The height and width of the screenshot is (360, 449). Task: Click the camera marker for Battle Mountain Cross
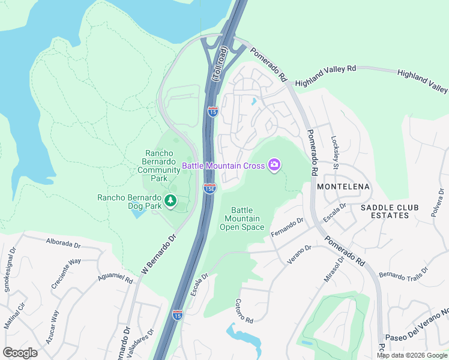click(x=274, y=164)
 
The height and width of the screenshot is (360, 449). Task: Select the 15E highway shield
click(x=209, y=188)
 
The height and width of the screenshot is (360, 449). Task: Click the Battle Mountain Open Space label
click(x=242, y=218)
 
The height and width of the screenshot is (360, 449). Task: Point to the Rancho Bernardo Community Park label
click(x=159, y=166)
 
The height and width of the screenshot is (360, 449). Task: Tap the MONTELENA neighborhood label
click(x=344, y=187)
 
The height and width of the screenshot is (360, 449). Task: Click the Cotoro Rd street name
click(x=244, y=310)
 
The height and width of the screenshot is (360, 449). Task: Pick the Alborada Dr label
click(x=63, y=243)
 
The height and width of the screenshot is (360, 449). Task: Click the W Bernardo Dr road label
click(x=160, y=255)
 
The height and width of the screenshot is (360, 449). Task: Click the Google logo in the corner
click(x=20, y=353)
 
